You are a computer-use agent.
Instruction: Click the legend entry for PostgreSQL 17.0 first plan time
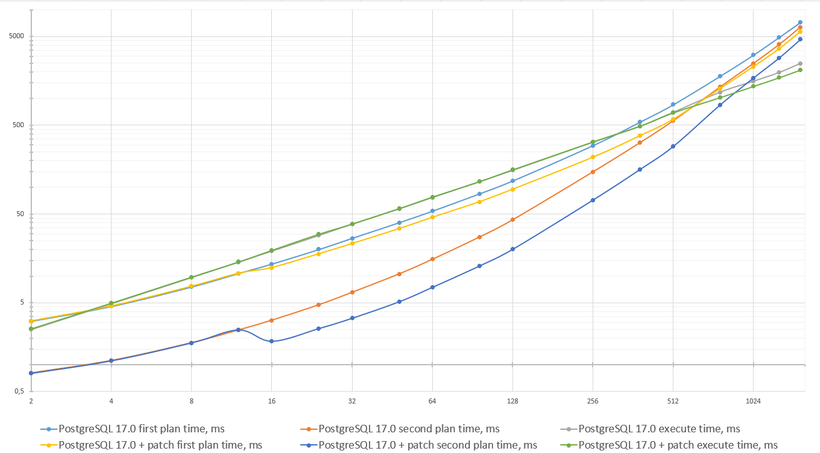pyautogui.click(x=141, y=429)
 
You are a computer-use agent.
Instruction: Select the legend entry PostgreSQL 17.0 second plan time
pyautogui.click(x=408, y=429)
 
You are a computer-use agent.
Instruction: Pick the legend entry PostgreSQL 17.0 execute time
pyautogui.click(x=659, y=429)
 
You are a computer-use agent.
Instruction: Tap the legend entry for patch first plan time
pyautogui.click(x=160, y=445)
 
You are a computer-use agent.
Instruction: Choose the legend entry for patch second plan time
pyautogui.click(x=427, y=445)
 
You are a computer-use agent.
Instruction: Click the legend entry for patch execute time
pyautogui.click(x=678, y=445)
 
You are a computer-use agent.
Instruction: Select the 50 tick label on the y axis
pyautogui.click(x=18, y=214)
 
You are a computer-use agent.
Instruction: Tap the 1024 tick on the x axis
pyautogui.click(x=753, y=401)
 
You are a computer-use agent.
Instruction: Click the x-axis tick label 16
pyautogui.click(x=271, y=401)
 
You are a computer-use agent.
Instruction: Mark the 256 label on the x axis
pyautogui.click(x=593, y=401)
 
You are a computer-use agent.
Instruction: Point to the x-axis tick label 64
pyautogui.click(x=432, y=401)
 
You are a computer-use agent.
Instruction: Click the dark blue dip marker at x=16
pyautogui.click(x=271, y=341)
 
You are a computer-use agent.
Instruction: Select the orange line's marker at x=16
pyautogui.click(x=271, y=320)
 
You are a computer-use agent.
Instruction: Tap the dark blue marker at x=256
pyautogui.click(x=593, y=200)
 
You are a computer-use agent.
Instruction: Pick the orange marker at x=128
pyautogui.click(x=512, y=219)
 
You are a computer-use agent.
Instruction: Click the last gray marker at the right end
pyautogui.click(x=801, y=63)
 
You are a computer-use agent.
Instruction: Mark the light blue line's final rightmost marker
pyautogui.click(x=800, y=23)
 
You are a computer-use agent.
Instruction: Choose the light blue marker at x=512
pyautogui.click(x=673, y=105)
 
